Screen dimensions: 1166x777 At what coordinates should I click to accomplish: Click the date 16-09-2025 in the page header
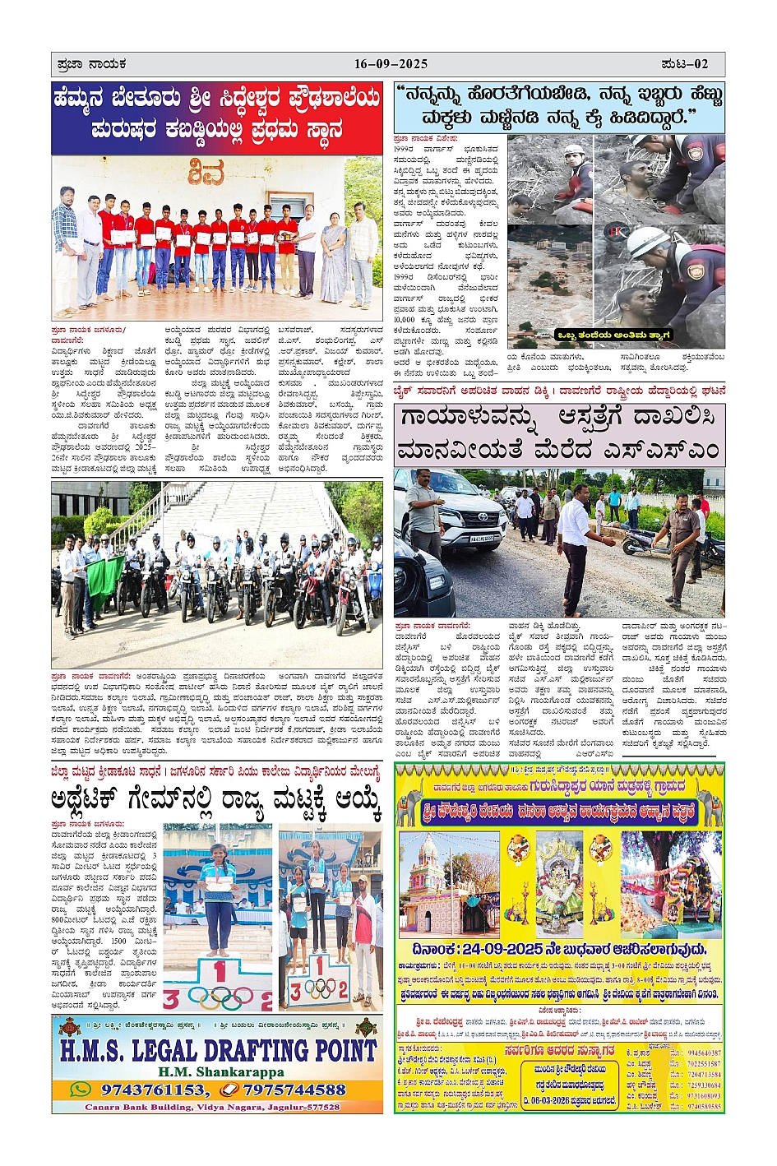391,64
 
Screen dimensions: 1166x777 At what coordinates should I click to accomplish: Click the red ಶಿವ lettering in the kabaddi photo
206,174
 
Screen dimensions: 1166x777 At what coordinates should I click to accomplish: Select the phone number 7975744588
294,1090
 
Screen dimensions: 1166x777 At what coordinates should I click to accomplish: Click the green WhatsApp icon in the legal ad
80,1090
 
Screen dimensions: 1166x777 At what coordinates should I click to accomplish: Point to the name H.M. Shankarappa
217,1072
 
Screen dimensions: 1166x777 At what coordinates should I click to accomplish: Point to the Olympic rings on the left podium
218,996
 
